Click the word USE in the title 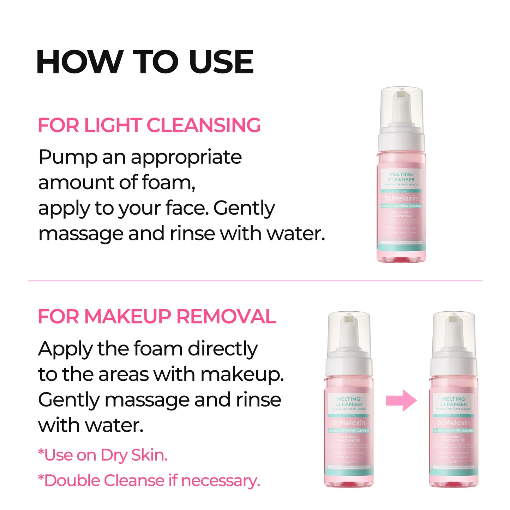click(x=221, y=62)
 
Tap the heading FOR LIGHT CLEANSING click(x=149, y=125)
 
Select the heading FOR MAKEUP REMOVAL click(x=157, y=316)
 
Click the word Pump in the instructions click(x=68, y=157)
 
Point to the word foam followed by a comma click(x=168, y=183)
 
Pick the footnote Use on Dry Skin click(x=103, y=455)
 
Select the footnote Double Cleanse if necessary click(x=149, y=481)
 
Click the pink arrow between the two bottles click(x=401, y=401)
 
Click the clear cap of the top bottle click(x=401, y=106)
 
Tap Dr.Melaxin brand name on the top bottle click(x=401, y=198)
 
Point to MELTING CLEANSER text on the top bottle click(x=401, y=177)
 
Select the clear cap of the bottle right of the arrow click(x=454, y=330)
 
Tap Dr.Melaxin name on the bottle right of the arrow click(x=454, y=423)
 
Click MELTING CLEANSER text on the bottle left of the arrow click(x=349, y=402)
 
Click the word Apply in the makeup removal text click(x=65, y=349)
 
